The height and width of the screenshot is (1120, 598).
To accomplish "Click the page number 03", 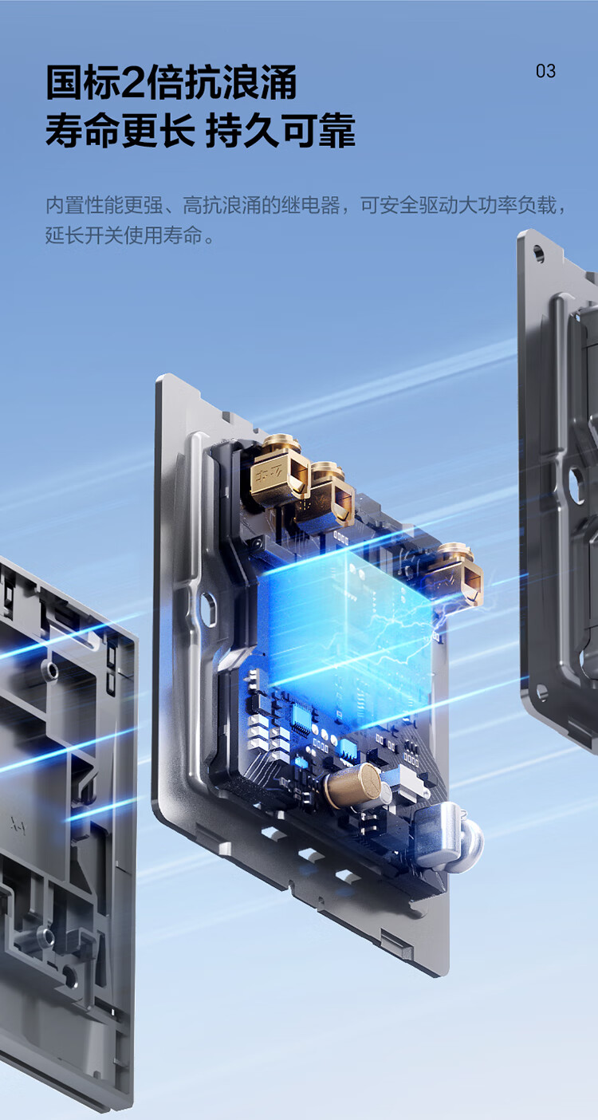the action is click(x=545, y=71).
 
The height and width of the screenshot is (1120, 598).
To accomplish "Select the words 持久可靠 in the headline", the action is click(x=280, y=131).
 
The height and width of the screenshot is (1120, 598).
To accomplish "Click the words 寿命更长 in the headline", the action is click(x=120, y=131).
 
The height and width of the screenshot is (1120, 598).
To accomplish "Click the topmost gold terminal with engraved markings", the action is click(x=279, y=468).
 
